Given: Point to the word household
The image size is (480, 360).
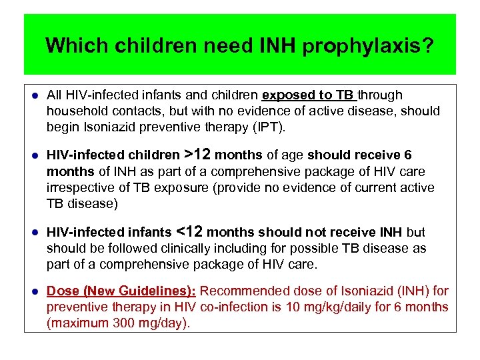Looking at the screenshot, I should [75, 111].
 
